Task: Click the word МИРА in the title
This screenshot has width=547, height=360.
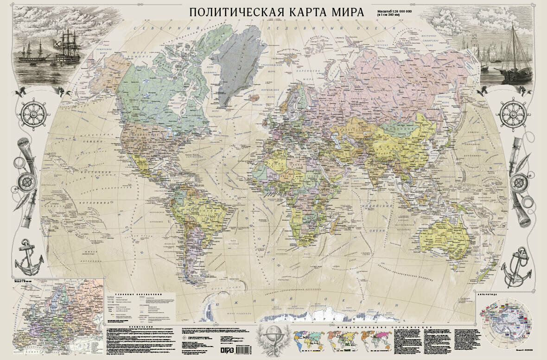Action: click(343, 12)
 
